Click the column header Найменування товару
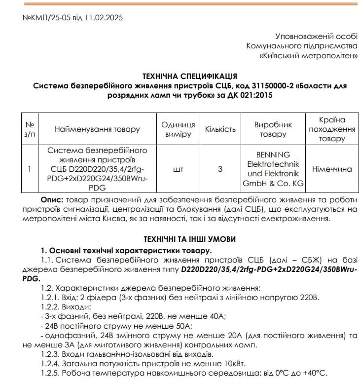pos(97,129)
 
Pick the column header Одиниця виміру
pos(178,129)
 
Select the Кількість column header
pos(220,129)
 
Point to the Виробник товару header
pos(273,129)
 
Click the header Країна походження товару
pos(331,129)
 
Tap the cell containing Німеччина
pos(331,169)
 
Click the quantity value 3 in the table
pos(220,169)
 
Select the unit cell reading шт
pos(178,169)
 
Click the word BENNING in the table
pos(273,154)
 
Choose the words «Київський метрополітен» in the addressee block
pos(309,56)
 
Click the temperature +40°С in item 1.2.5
pos(315,373)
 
